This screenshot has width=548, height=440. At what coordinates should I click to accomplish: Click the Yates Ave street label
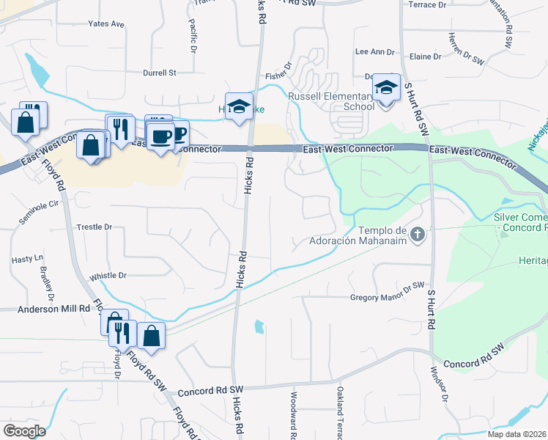tap(106, 24)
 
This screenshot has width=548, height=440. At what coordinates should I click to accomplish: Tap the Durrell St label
tap(160, 73)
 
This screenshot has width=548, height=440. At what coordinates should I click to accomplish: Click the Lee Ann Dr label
tap(374, 52)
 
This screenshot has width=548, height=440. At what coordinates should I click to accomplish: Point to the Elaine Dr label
tap(426, 56)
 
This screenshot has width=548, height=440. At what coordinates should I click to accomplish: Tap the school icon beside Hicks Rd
tap(238, 107)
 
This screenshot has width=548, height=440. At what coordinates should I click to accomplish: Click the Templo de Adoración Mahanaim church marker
tap(418, 235)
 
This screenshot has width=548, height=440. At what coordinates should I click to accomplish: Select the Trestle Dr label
tap(95, 227)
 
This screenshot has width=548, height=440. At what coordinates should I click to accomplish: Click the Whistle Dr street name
tap(108, 276)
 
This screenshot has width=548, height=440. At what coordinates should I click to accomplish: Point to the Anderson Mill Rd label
tap(44, 309)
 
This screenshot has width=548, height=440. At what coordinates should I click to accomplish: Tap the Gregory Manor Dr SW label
tap(388, 297)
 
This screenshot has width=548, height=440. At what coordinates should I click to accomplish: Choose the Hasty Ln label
tap(28, 260)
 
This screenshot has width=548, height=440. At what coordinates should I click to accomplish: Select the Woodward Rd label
tap(292, 415)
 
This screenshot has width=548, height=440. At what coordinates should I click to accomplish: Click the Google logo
tap(24, 431)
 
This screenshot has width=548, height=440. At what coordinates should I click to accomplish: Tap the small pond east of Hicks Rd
tap(259, 326)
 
